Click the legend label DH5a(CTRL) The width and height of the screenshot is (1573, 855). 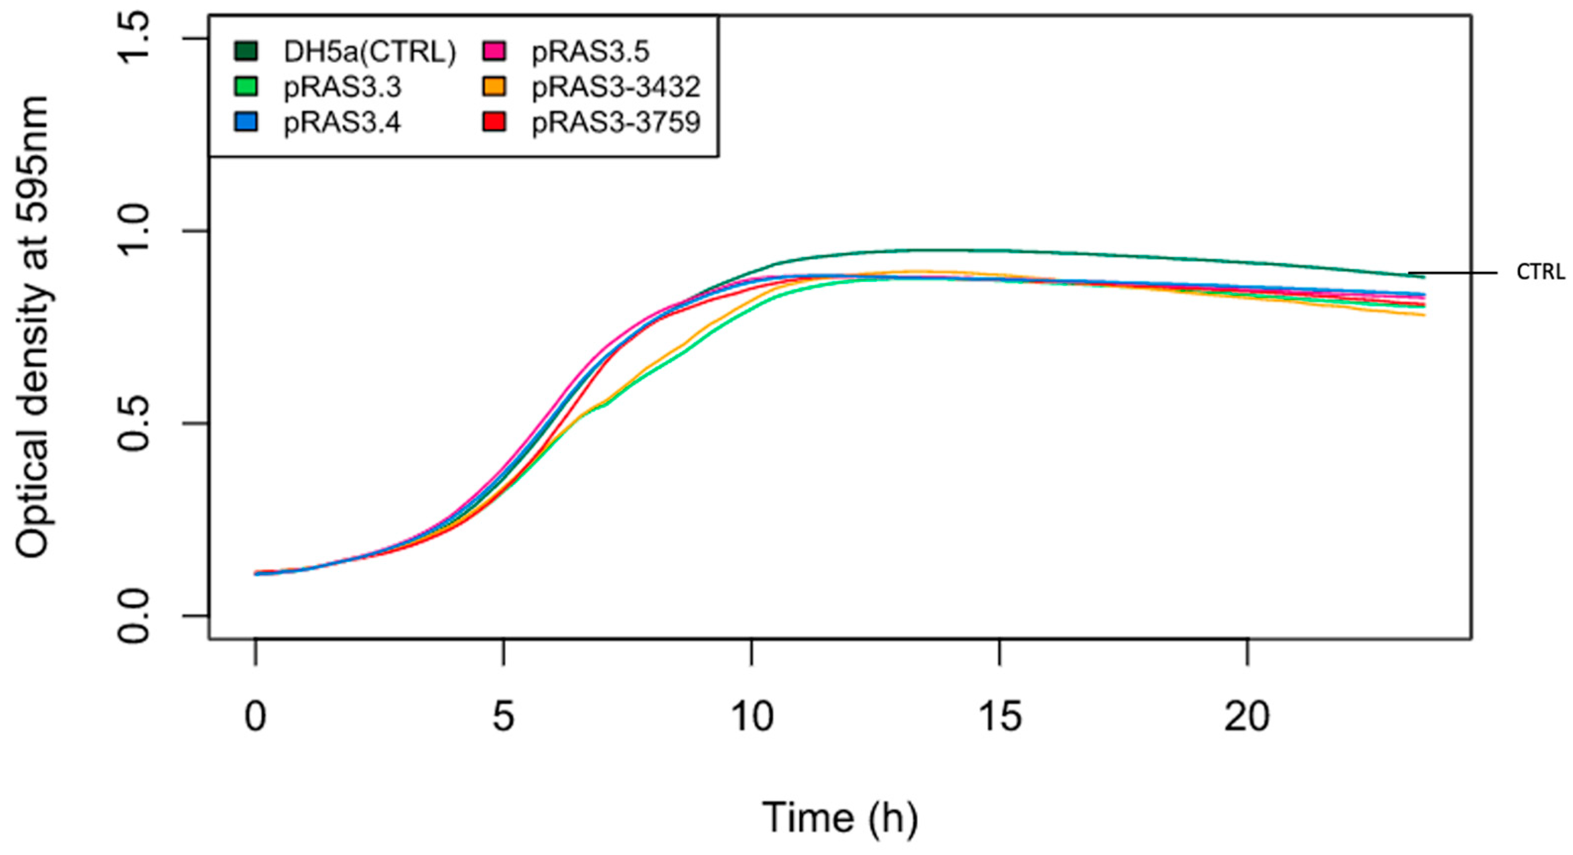point(369,53)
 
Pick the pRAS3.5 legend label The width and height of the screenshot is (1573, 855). point(590,53)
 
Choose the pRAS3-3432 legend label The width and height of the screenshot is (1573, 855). point(616,88)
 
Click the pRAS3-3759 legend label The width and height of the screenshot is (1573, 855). point(616,123)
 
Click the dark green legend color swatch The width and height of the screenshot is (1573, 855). point(246,52)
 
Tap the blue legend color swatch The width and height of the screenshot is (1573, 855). point(246,122)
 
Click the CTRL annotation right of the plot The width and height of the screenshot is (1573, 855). point(1539,272)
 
